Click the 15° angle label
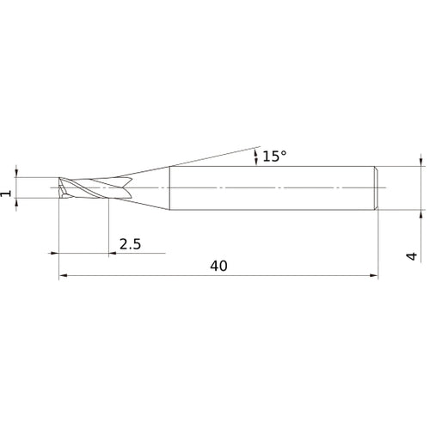click(x=274, y=157)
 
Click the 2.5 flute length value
click(x=130, y=244)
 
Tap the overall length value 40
click(x=218, y=266)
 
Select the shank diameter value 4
click(x=412, y=255)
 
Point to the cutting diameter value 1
click(x=6, y=193)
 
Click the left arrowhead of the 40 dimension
click(x=63, y=275)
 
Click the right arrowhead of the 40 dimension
click(x=374, y=275)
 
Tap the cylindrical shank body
click(x=273, y=188)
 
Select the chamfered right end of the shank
click(x=377, y=188)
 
